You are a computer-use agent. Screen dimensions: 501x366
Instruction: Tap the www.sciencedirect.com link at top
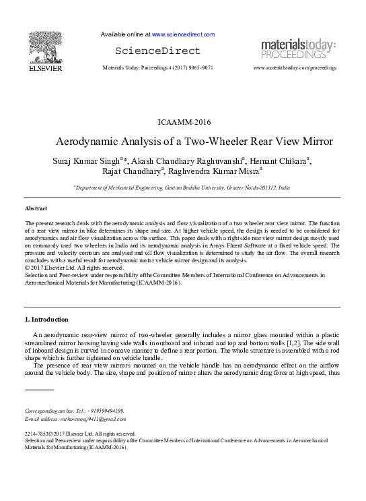click(x=184, y=34)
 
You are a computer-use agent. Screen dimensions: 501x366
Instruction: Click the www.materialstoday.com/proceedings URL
click(x=294, y=68)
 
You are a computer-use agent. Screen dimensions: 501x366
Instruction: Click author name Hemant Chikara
click(x=279, y=162)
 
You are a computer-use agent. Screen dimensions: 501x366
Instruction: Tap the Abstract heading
click(x=36, y=208)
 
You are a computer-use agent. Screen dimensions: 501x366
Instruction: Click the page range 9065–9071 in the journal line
click(x=198, y=68)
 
